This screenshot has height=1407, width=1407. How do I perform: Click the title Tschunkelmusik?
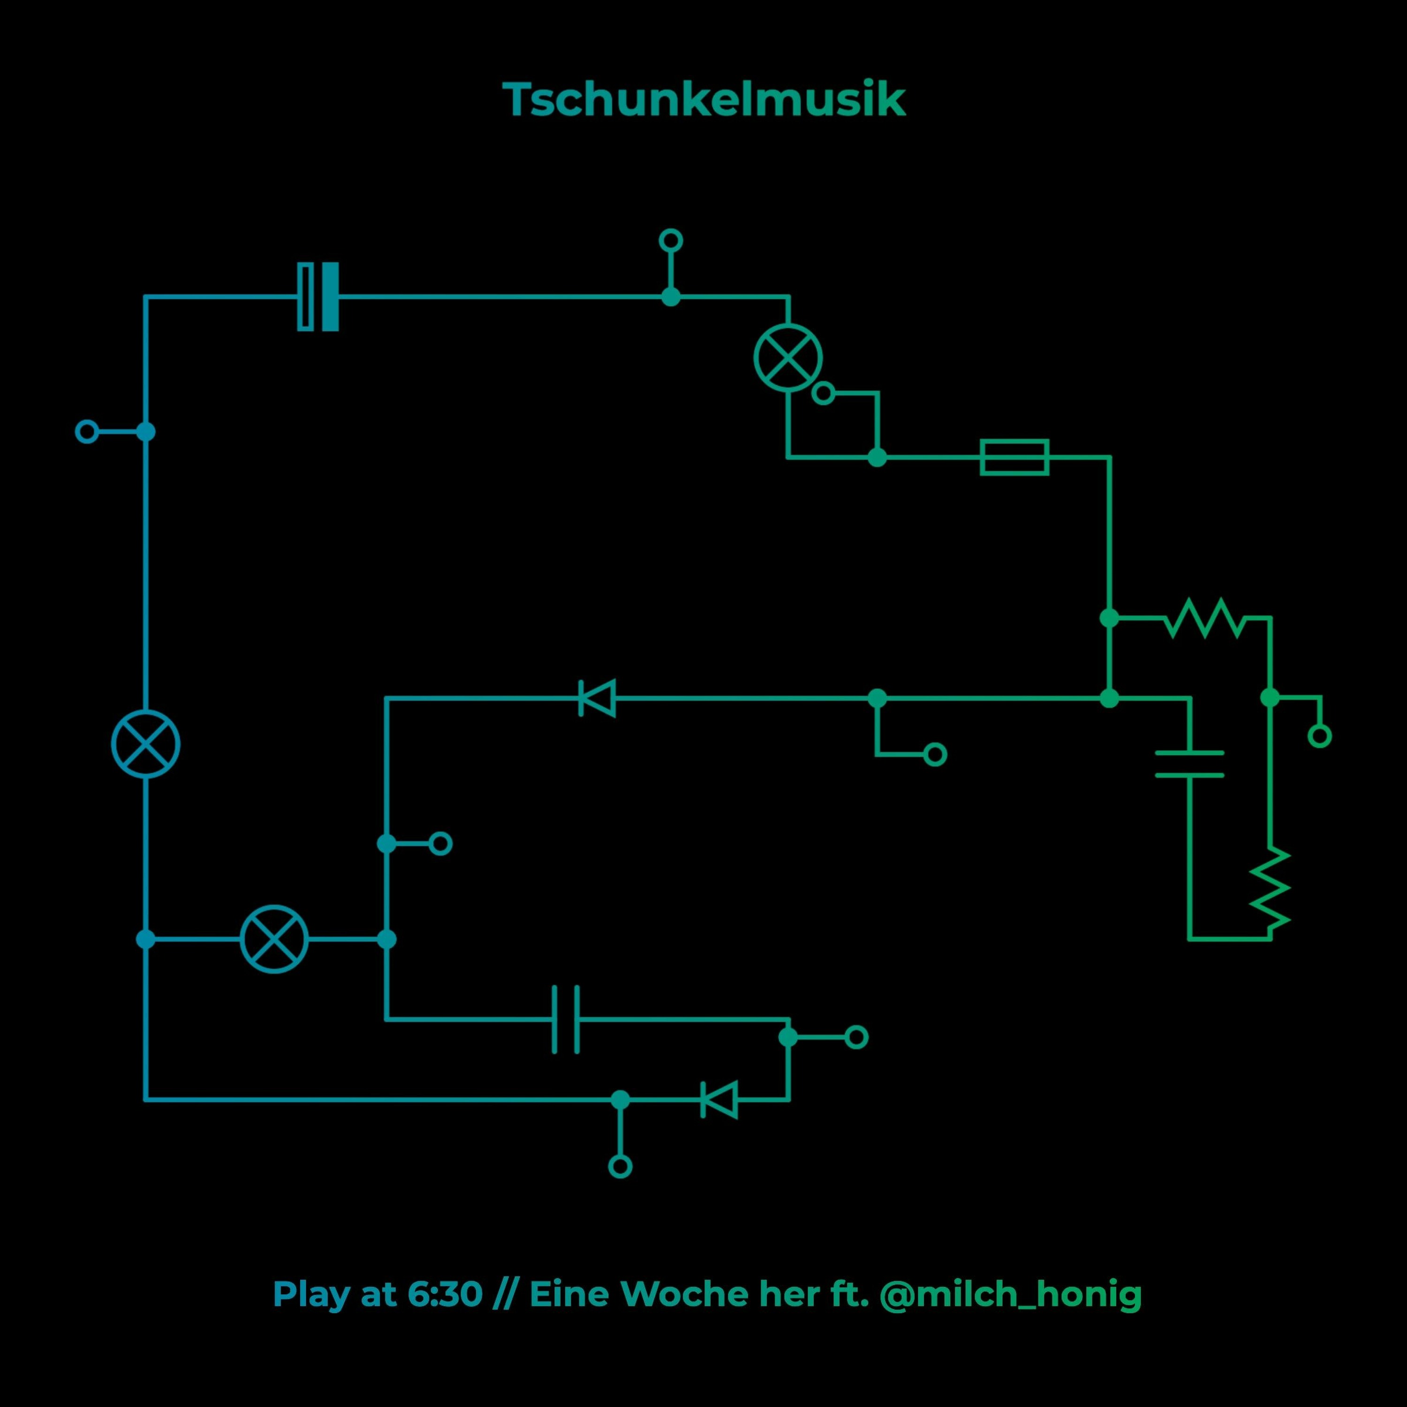point(703,100)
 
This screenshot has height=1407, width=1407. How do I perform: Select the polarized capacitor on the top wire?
point(318,296)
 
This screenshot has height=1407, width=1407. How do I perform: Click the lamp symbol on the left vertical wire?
point(146,743)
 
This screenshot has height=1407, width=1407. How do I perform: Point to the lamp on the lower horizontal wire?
point(274,939)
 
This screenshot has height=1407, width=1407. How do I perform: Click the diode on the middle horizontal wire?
point(597,698)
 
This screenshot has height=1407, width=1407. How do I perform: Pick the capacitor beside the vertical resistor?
point(1189,763)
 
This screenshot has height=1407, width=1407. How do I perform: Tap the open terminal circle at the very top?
point(670,240)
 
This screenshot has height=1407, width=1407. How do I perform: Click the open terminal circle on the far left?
point(87,432)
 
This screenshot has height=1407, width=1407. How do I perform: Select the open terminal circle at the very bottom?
point(620,1167)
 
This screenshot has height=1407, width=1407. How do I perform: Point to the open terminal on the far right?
point(1320,736)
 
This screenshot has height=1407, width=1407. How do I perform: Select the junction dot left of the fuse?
point(877,457)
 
